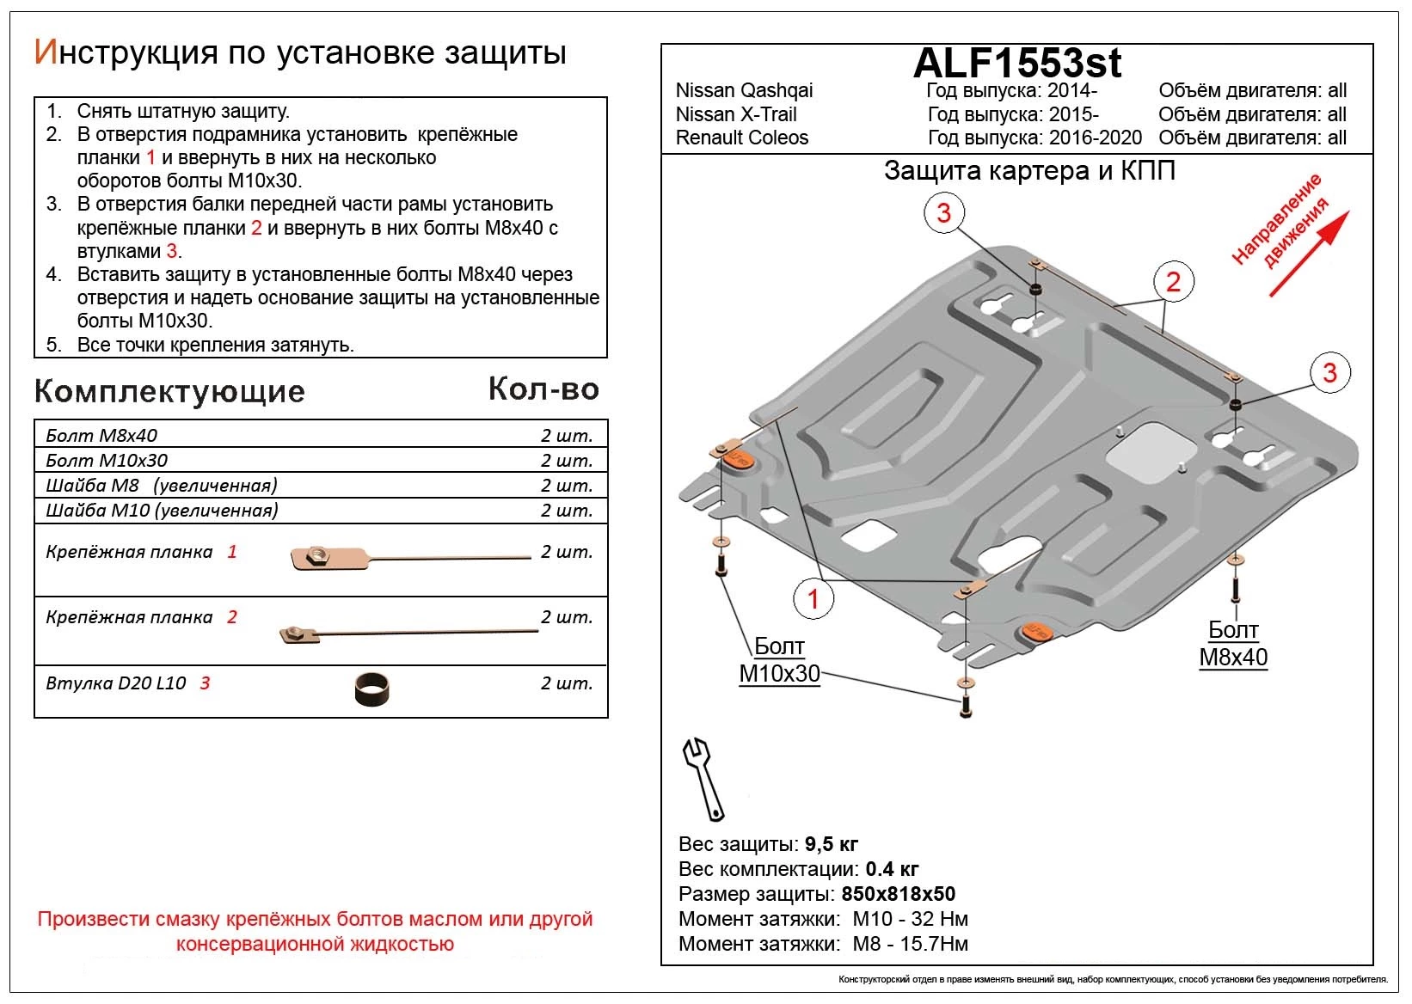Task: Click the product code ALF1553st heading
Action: [1017, 63]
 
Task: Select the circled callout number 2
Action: [1173, 281]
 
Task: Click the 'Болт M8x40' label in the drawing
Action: [1233, 644]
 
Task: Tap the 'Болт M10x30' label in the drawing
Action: [779, 660]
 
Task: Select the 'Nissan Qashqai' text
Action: [744, 91]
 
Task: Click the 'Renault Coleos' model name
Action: [742, 138]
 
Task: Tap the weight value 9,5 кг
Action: [832, 844]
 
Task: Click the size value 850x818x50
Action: [898, 894]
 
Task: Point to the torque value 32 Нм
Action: [940, 919]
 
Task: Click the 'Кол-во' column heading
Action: [543, 389]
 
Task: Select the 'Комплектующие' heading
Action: [169, 392]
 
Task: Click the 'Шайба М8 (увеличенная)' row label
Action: [162, 486]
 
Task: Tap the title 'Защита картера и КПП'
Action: [1029, 171]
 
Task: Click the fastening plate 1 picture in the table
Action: [410, 558]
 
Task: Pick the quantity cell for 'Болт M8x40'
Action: [567, 436]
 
